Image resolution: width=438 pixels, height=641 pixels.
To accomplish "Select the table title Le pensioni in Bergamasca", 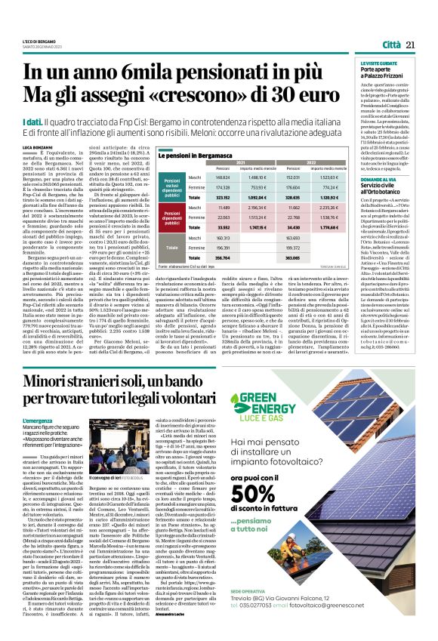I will click(195, 154).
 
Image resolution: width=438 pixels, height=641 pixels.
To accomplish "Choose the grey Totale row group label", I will click(171, 246).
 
